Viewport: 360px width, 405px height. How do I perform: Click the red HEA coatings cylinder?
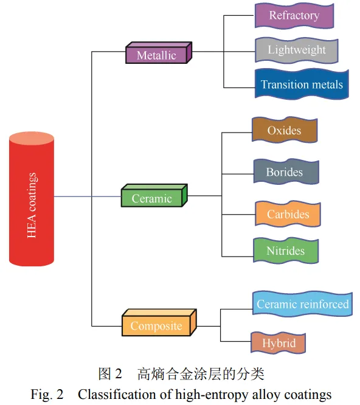[x=32, y=199]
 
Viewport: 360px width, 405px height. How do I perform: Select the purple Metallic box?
[x=159, y=53]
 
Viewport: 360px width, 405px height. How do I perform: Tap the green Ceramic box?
[x=154, y=196]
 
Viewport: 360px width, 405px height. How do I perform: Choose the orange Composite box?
[x=159, y=323]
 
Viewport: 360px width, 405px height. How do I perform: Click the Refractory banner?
[x=294, y=15]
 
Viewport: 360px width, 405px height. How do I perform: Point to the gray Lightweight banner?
[x=297, y=50]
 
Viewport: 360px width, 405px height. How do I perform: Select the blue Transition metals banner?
[x=302, y=84]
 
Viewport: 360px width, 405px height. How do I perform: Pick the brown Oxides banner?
[x=285, y=130]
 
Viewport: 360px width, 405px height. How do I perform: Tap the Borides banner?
[x=286, y=171]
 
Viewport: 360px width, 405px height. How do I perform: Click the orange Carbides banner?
[x=288, y=214]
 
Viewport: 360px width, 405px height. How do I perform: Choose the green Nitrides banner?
[x=286, y=251]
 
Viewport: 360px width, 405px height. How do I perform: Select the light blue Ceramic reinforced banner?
[x=302, y=304]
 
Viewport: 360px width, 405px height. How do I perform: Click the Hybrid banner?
[x=279, y=343]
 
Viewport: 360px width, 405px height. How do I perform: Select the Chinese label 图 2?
[x=110, y=374]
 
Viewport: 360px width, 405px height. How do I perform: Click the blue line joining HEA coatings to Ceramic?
[x=88, y=196]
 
